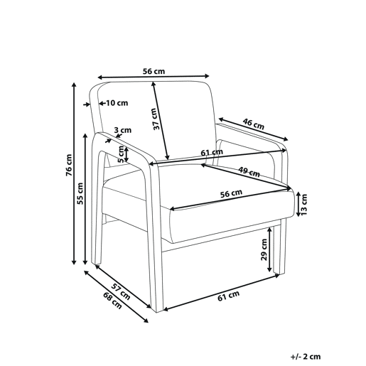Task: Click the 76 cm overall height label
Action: tap(69, 165)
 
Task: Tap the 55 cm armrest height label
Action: tap(80, 193)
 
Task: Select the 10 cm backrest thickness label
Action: tap(117, 103)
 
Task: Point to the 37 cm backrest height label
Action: tap(156, 119)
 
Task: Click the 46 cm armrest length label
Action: tap(254, 124)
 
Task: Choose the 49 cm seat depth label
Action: tap(249, 172)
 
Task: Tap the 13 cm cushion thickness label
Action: tap(304, 204)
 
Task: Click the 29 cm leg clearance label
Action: tap(264, 249)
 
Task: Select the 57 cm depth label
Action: tap(121, 291)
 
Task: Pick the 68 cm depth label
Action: tap(112, 301)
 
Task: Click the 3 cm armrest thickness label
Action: tap(122, 130)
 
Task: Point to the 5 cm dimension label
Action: tap(121, 154)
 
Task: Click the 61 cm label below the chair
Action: tap(229, 296)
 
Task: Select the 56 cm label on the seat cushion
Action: tap(231, 193)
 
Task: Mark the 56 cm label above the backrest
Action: tap(154, 71)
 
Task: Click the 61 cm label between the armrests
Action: tap(212, 152)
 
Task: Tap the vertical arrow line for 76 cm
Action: tap(74, 173)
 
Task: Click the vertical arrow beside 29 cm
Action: tap(269, 249)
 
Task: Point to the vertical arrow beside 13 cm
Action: tap(298, 204)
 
